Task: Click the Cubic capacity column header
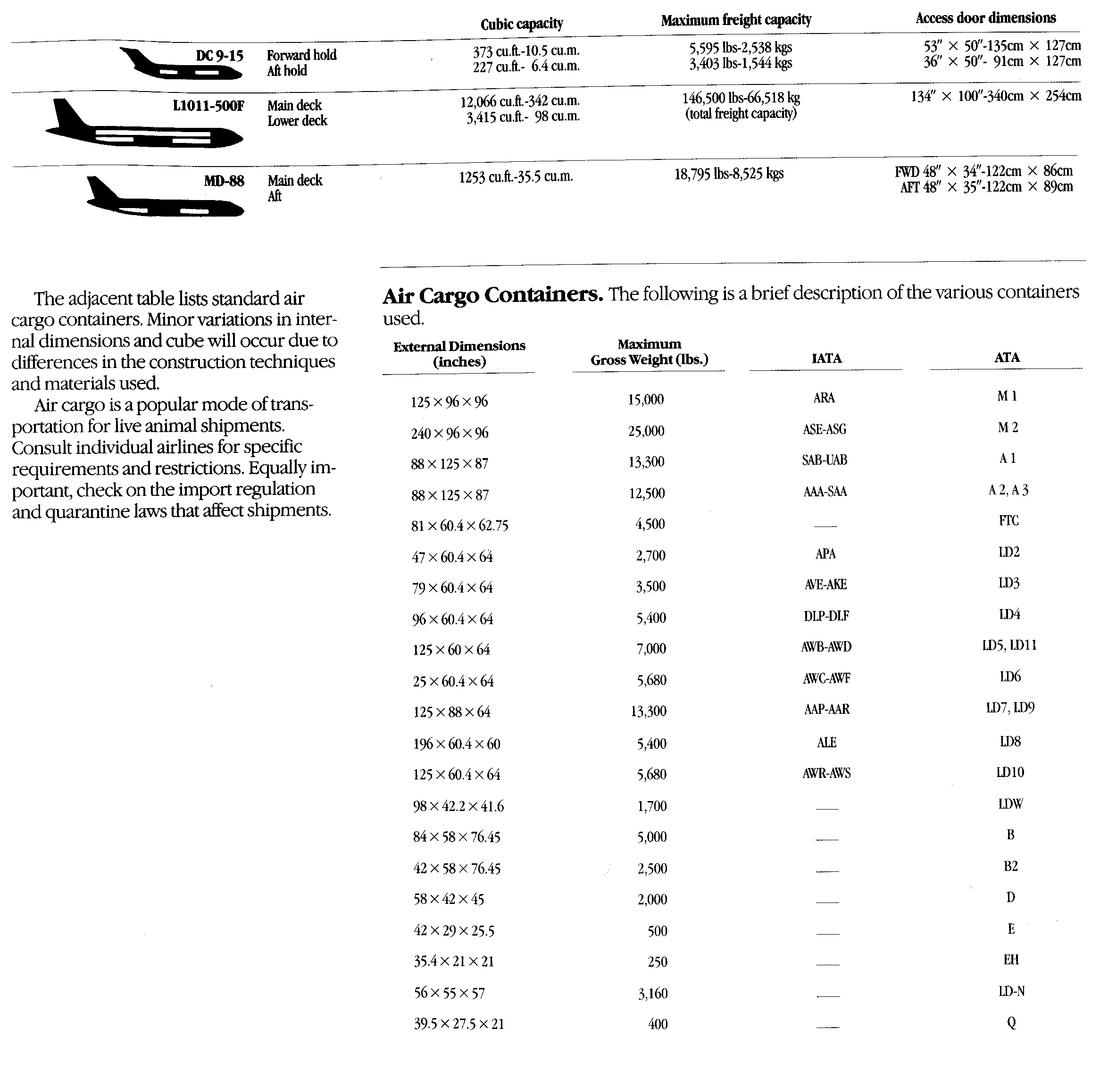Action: point(521,24)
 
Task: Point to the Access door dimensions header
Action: point(985,18)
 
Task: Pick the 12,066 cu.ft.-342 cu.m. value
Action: point(520,101)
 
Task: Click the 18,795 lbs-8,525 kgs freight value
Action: point(729,174)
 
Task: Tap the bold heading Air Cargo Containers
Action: point(493,294)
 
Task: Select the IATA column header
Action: point(826,358)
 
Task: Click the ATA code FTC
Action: point(1008,520)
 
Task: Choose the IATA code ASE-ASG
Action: point(824,430)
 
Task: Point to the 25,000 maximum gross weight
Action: point(646,431)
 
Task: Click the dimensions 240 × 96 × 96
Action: point(450,433)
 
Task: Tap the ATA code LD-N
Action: point(1011,991)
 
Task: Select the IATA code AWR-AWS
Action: point(826,773)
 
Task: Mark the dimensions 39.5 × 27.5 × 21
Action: point(459,1024)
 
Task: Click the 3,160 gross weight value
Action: point(653,994)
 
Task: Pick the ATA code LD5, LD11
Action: point(1009,645)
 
